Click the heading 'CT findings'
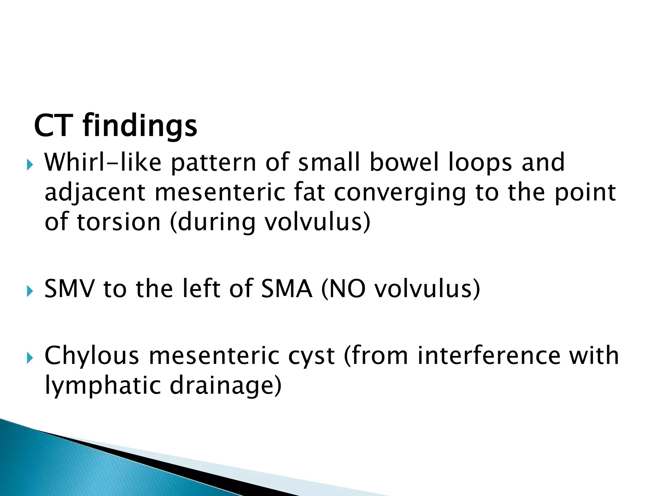click(x=115, y=126)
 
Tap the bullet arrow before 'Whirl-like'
click(x=30, y=166)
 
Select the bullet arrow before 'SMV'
click(x=30, y=292)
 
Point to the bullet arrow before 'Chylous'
click(x=30, y=358)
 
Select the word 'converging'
click(x=400, y=193)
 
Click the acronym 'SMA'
click(x=287, y=288)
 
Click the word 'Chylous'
click(x=92, y=356)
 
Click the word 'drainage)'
click(x=226, y=386)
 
